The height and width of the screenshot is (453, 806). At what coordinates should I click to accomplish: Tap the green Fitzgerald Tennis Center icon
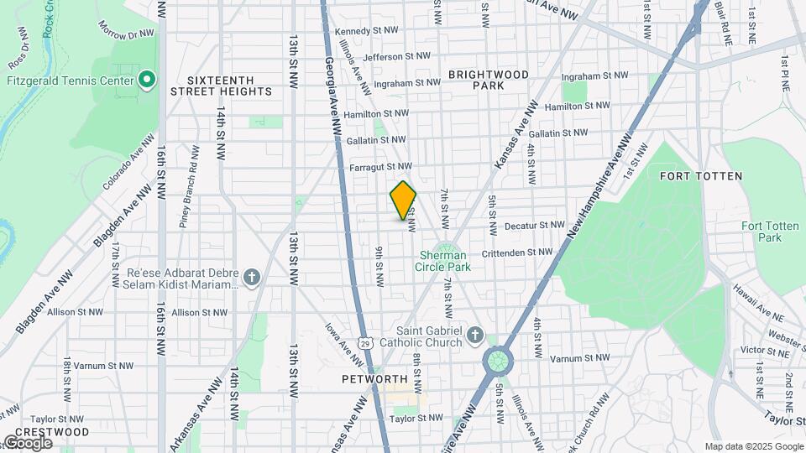click(x=147, y=81)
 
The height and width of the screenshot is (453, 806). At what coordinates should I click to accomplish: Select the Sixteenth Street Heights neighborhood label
click(x=222, y=84)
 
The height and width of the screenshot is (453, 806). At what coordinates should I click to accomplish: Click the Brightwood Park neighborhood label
click(x=488, y=80)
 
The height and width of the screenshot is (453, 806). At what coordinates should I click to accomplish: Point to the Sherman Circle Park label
click(x=443, y=260)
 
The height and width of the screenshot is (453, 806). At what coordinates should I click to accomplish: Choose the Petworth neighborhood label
click(x=374, y=379)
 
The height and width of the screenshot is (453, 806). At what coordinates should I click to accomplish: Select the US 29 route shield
click(x=364, y=342)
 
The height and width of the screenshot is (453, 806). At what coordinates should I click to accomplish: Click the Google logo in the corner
click(x=27, y=442)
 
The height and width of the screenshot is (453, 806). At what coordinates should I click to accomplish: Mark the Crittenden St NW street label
click(x=517, y=252)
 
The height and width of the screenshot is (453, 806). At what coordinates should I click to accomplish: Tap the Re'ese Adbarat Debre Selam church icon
click(x=251, y=278)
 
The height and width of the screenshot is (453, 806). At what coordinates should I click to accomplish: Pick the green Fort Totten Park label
click(x=762, y=232)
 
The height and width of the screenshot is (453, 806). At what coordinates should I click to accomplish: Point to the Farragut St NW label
click(x=380, y=167)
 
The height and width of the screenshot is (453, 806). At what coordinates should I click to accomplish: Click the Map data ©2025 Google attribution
click(x=753, y=446)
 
